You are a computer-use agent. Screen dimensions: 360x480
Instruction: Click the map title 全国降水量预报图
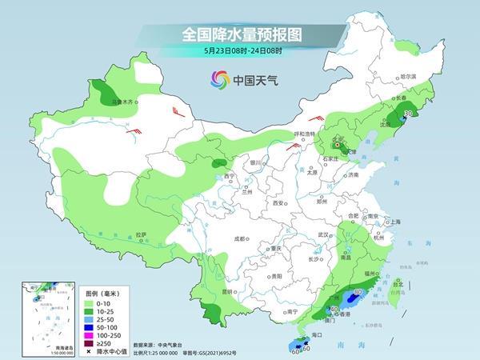[x=239, y=34]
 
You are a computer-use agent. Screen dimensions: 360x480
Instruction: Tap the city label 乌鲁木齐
[x=122, y=102]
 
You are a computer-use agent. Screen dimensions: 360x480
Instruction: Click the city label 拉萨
[x=141, y=234]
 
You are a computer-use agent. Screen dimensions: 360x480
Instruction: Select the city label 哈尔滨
[x=408, y=75]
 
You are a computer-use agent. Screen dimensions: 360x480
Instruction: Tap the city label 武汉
[x=324, y=234]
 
